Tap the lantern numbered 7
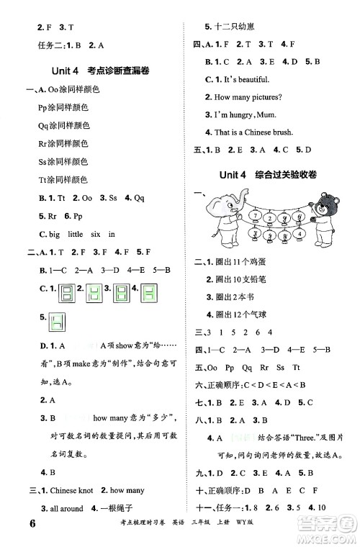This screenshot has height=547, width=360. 255,215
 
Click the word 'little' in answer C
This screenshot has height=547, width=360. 79,233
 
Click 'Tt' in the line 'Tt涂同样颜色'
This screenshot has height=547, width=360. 42,179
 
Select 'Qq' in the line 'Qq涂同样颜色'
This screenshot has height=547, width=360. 42,125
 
